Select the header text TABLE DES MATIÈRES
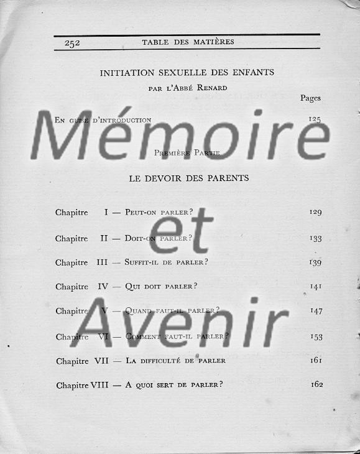(x=188, y=42)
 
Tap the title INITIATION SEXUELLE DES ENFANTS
(x=187, y=73)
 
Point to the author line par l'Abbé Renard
(x=188, y=88)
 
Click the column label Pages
(x=310, y=98)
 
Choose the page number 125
(x=315, y=119)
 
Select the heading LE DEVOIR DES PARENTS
(x=189, y=178)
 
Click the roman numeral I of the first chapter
(x=106, y=213)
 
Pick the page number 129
(x=315, y=213)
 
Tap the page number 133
(x=315, y=238)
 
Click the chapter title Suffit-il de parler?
(x=167, y=262)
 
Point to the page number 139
(x=315, y=262)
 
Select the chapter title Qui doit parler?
(x=161, y=287)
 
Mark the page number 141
(x=315, y=286)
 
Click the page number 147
(x=316, y=311)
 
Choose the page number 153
(x=316, y=336)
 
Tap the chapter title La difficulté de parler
(x=175, y=361)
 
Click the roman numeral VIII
(x=99, y=385)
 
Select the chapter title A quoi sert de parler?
(x=174, y=385)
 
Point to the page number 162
(x=316, y=384)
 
